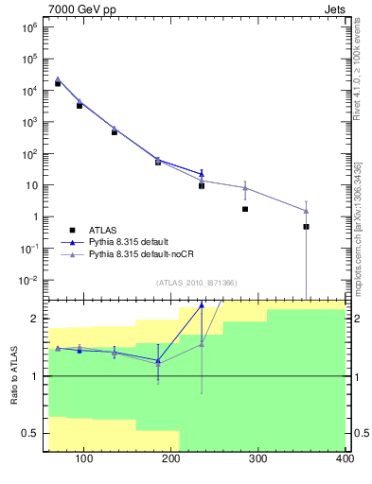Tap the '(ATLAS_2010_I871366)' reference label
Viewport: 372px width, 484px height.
pos(195,283)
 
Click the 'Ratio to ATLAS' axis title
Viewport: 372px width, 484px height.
pos(14,375)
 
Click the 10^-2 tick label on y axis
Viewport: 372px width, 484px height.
pos(27,280)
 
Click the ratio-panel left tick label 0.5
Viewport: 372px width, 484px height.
pos(30,433)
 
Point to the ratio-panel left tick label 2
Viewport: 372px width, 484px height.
pos(34,319)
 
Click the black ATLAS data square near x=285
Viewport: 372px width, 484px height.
pos(245,209)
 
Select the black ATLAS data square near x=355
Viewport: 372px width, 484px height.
pos(306,227)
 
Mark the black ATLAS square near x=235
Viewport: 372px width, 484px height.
pos(202,186)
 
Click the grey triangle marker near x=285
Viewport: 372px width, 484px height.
pos(245,188)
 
